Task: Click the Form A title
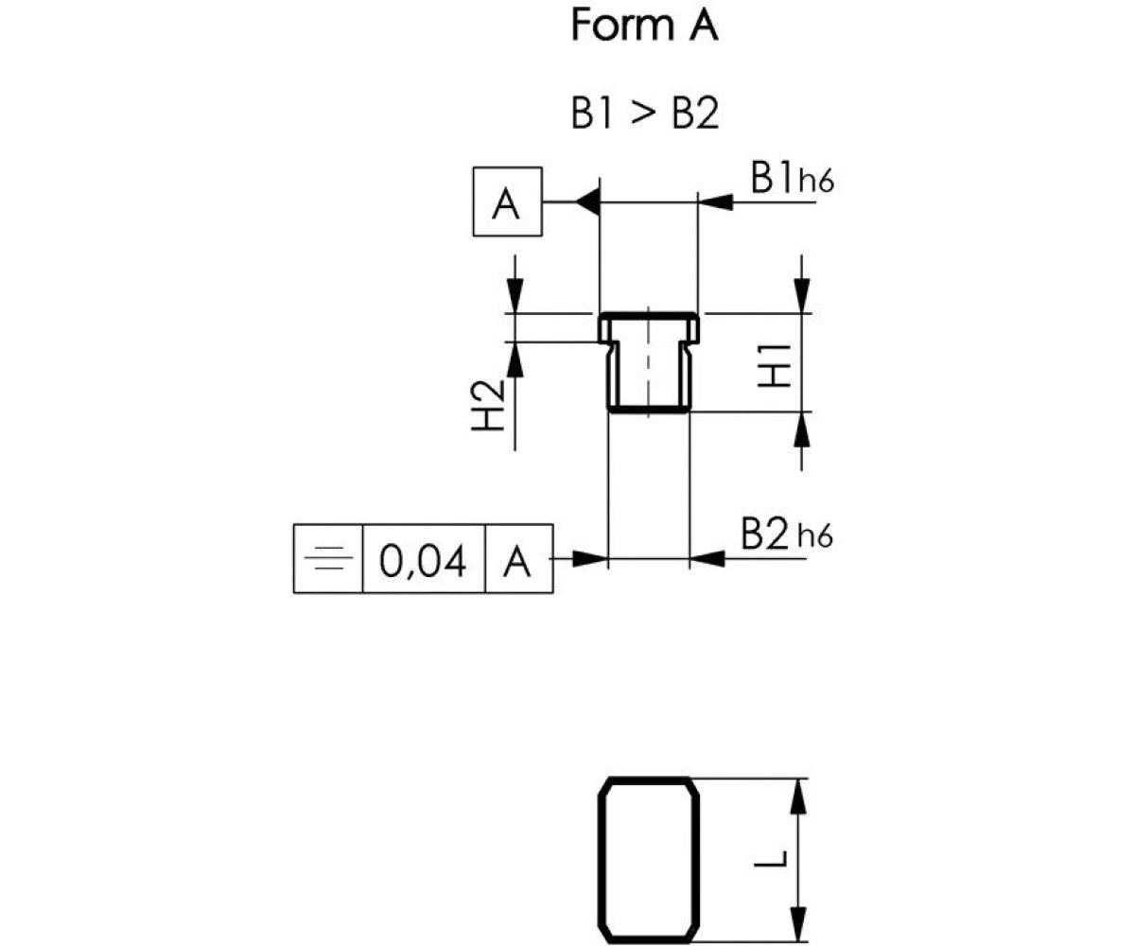644,26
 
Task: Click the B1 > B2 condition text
644,114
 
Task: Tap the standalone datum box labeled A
507,202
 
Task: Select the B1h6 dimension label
792,179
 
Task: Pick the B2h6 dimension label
786,535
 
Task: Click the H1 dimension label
775,363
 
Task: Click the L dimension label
775,859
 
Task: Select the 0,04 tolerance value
423,562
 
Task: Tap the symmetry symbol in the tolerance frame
328,559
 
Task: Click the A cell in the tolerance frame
517,562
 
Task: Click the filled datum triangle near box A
587,201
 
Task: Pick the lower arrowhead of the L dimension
800,923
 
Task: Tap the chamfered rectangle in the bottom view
649,859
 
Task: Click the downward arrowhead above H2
515,293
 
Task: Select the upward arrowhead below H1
802,430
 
